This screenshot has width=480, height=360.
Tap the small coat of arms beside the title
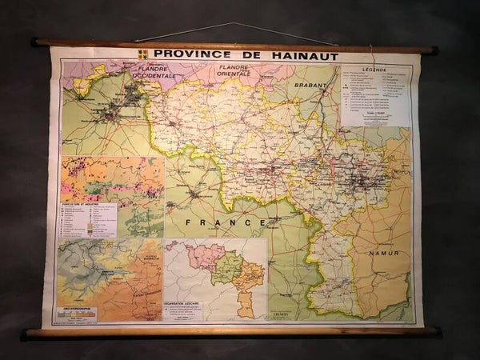click(142, 54)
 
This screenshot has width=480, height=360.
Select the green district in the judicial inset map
click(226, 268)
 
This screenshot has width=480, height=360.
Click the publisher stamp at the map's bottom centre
click(302, 315)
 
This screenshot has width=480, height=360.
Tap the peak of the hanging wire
click(234, 23)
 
